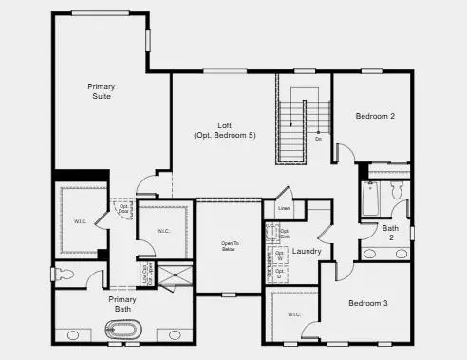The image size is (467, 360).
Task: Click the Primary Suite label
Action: [x=101, y=91]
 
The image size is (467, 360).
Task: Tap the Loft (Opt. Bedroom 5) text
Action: [x=225, y=131]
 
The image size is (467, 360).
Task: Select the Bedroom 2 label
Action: [x=375, y=116]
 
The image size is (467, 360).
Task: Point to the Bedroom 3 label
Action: [x=367, y=303]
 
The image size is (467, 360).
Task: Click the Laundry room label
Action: [x=306, y=252]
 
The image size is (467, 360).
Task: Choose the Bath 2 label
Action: [x=390, y=233]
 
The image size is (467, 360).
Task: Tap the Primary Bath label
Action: [x=121, y=304]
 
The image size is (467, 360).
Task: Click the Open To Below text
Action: [x=230, y=247]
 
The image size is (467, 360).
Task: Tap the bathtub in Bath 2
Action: [x=370, y=199]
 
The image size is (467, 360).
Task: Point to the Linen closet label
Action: [x=283, y=207]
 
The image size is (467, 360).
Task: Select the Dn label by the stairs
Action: [x=318, y=139]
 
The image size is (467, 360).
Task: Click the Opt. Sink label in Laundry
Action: [x=271, y=233]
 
